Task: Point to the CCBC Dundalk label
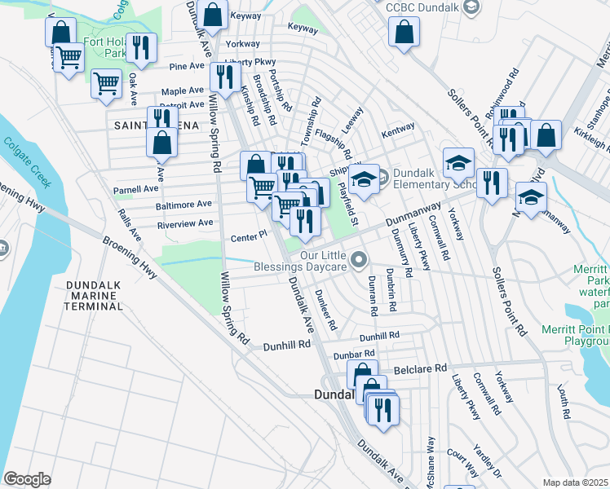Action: tap(418, 7)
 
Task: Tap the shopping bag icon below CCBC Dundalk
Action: tap(404, 33)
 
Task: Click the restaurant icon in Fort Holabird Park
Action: tap(144, 47)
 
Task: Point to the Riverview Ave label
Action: tap(185, 222)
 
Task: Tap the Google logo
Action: tap(27, 478)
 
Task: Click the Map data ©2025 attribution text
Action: tap(574, 482)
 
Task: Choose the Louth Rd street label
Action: tap(563, 402)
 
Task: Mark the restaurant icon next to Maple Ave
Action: tap(222, 77)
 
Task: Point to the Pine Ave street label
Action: tap(187, 66)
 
